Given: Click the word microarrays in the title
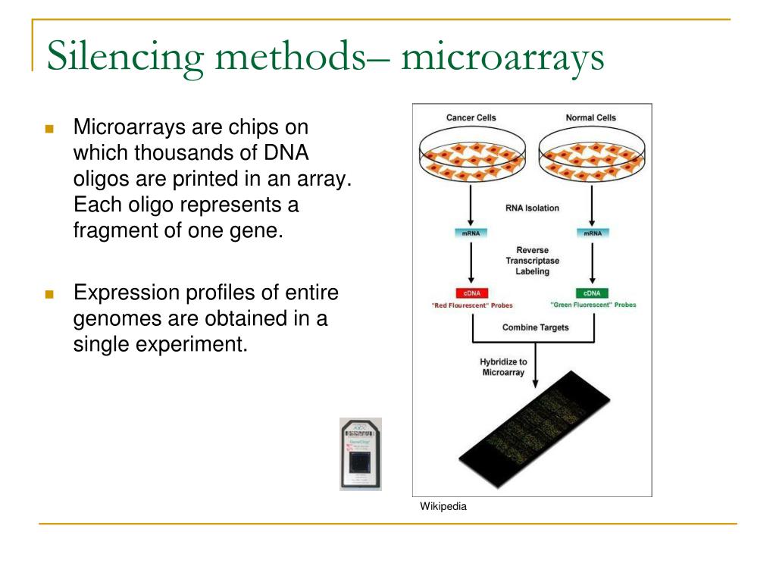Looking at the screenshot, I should click(x=503, y=58).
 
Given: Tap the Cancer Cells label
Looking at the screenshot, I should click(x=471, y=118).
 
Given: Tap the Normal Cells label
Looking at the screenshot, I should click(x=590, y=118).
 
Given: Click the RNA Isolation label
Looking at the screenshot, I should click(x=532, y=208).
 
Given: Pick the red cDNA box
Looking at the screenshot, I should click(x=472, y=293).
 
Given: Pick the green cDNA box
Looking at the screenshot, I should click(x=592, y=293).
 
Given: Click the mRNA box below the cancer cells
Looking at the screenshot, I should click(x=472, y=233).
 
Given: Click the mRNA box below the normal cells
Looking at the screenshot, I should click(x=592, y=233).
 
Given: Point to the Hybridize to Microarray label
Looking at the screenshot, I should click(x=503, y=367).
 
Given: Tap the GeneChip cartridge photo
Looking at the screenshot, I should click(x=361, y=454).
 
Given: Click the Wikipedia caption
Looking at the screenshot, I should click(x=443, y=507).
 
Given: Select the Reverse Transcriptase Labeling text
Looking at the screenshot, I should click(x=532, y=261).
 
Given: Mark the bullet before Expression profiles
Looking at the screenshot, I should click(x=50, y=294).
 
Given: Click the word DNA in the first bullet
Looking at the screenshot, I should click(x=287, y=152).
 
